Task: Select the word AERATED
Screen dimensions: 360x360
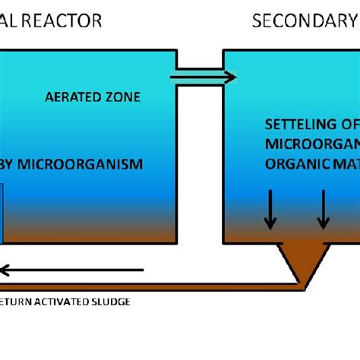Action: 71,97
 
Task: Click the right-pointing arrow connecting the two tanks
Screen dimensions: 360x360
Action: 202,77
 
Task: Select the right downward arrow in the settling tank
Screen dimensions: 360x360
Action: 324,210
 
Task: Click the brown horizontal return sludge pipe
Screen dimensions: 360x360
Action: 152,287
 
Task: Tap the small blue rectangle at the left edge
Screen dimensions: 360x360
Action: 2,213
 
